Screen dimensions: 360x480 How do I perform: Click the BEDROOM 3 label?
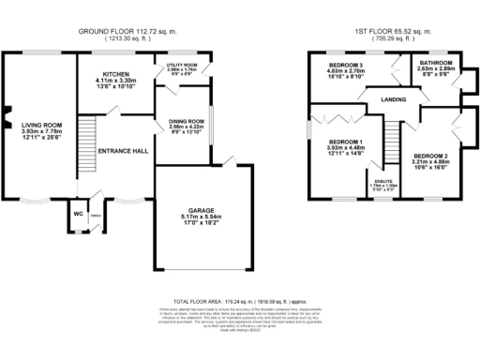pos(344,64)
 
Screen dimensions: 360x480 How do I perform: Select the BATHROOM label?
pos(435,62)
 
